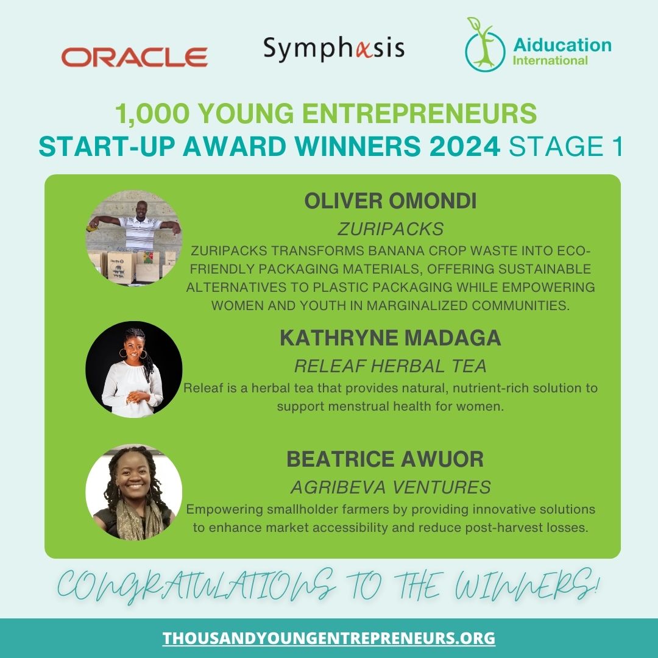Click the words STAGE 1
click(x=566, y=147)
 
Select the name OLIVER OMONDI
click(x=391, y=202)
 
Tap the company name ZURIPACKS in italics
click(x=391, y=229)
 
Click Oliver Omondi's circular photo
click(x=134, y=238)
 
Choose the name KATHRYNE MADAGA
click(x=391, y=338)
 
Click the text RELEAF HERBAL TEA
click(x=391, y=366)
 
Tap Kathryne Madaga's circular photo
click(x=134, y=369)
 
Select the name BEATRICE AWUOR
click(x=385, y=459)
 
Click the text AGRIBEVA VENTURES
click(x=391, y=487)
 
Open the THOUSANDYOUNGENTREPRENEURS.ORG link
click(x=329, y=639)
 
